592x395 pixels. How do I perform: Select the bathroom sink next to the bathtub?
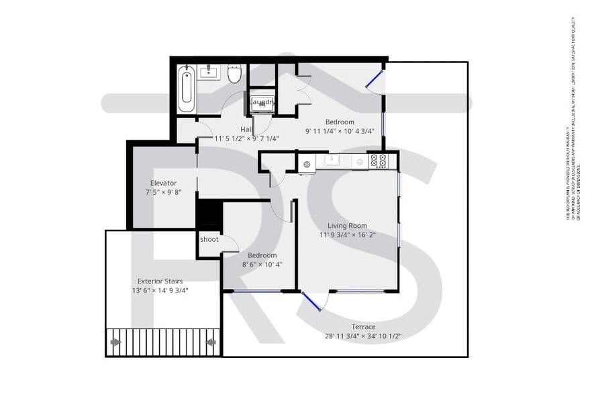(x=209, y=71)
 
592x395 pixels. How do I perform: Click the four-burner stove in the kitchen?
(x=379, y=161)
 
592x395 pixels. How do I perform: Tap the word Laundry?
(x=262, y=103)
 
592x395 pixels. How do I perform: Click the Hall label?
(x=246, y=129)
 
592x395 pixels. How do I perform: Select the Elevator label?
(x=163, y=183)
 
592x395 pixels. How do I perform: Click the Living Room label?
(x=347, y=226)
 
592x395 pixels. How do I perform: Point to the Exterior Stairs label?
(x=160, y=281)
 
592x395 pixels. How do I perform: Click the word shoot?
(x=209, y=239)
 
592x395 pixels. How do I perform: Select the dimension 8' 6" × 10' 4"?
(x=262, y=265)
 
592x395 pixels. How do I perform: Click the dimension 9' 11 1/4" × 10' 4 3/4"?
(x=340, y=131)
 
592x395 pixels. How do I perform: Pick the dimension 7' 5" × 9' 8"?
(x=163, y=192)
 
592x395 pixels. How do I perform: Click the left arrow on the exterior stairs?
(x=115, y=343)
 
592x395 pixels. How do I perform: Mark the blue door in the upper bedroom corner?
(x=374, y=79)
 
